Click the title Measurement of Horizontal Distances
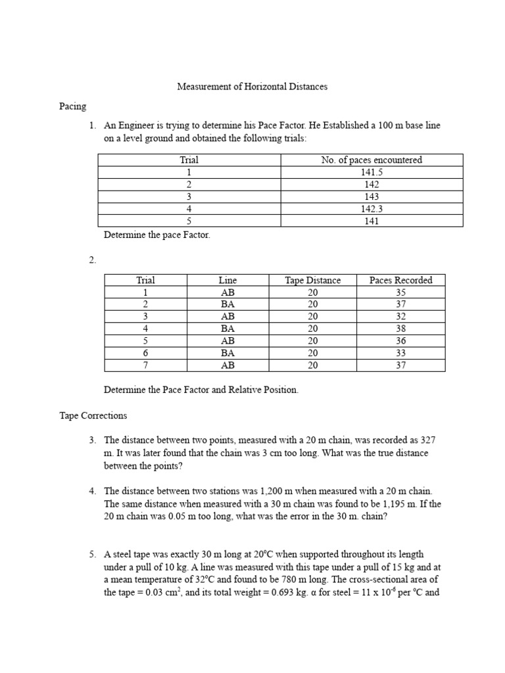(x=252, y=86)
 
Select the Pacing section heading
(x=72, y=105)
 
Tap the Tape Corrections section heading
(x=93, y=415)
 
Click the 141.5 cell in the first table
(x=372, y=172)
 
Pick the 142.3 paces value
(x=372, y=209)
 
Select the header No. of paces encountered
(x=372, y=160)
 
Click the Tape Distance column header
(x=312, y=280)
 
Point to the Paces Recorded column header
(x=400, y=280)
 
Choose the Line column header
(x=228, y=280)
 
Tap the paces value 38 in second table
(x=400, y=329)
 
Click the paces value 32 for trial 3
(x=400, y=316)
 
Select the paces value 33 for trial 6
(x=400, y=353)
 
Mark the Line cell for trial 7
(x=228, y=365)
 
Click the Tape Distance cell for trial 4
(x=312, y=329)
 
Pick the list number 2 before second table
(x=92, y=260)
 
